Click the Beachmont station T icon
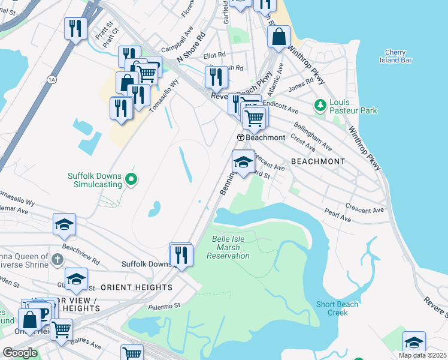pyautogui.click(x=240, y=137)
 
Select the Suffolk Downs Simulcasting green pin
pyautogui.click(x=132, y=179)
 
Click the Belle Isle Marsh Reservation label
pyautogui.click(x=228, y=247)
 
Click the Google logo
pyautogui.click(x=20, y=353)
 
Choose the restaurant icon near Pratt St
pyautogui.click(x=75, y=28)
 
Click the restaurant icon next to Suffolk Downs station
pyautogui.click(x=181, y=254)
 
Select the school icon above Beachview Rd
pyautogui.click(x=64, y=225)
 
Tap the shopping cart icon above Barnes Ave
pyautogui.click(x=60, y=329)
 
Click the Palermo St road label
pyautogui.click(x=164, y=306)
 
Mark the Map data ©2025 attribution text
pyautogui.click(x=423, y=355)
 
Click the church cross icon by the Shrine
pyautogui.click(x=56, y=260)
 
